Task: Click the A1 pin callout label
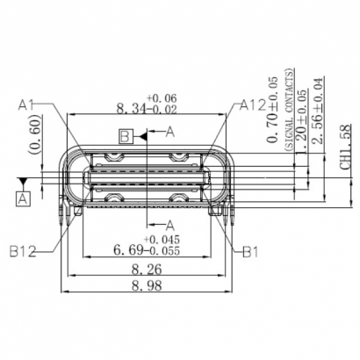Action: click(26, 106)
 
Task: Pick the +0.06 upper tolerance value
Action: click(162, 97)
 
